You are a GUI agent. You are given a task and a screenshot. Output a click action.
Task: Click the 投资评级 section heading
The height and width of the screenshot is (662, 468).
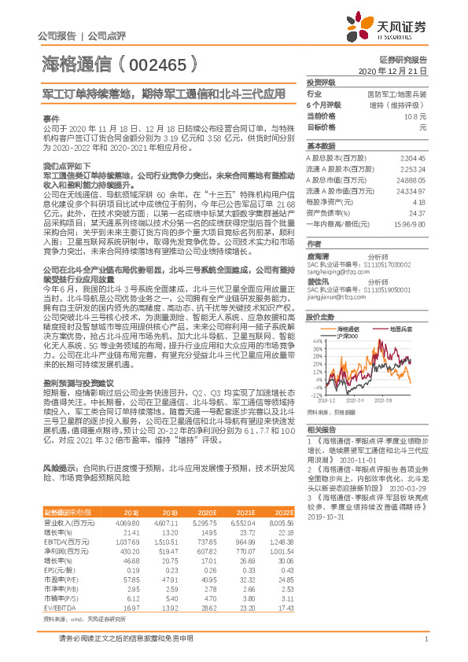pos(320,82)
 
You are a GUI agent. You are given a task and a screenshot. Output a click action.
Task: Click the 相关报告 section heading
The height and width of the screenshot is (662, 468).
pos(319,429)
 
